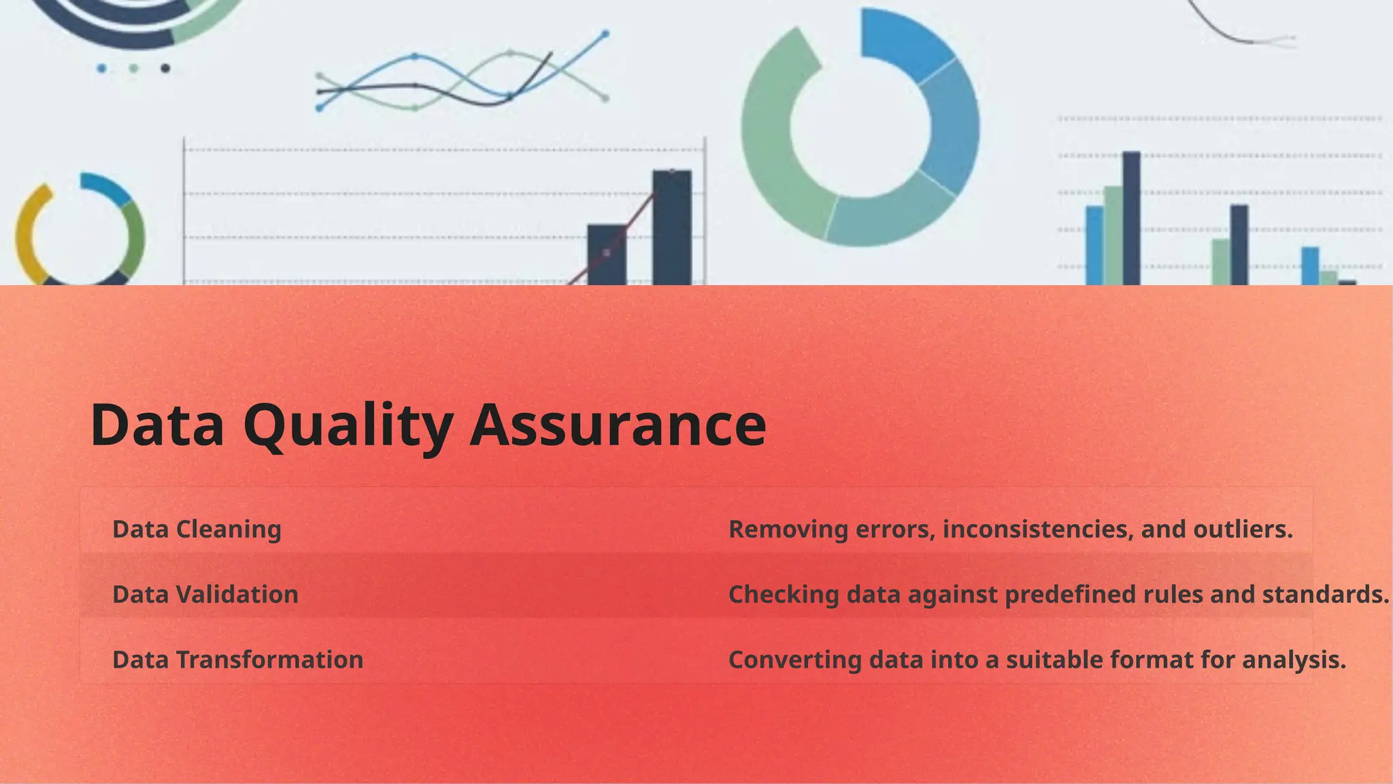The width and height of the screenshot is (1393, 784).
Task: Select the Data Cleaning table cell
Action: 197,529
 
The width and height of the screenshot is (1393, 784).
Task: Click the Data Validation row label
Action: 205,594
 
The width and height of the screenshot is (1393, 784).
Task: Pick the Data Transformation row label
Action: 237,659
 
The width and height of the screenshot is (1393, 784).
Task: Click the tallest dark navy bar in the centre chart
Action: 672,228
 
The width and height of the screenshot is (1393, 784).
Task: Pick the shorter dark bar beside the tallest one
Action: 607,255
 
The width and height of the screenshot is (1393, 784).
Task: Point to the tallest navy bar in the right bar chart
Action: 1131,218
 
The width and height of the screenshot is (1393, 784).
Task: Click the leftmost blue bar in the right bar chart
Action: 1094,245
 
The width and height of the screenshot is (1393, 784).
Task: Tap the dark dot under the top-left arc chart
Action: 165,68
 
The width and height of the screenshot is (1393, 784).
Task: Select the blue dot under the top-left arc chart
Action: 101,68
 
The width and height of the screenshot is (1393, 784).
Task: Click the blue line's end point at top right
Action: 605,33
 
